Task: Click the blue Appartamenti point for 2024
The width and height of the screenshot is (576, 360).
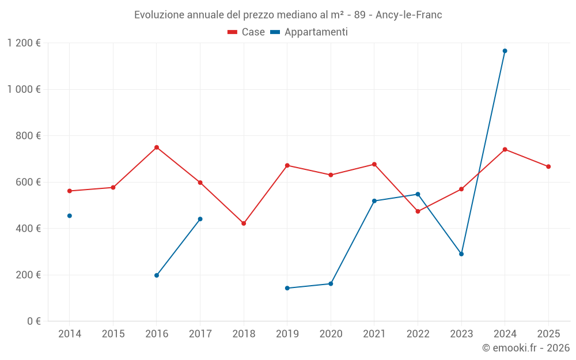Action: pos(505,51)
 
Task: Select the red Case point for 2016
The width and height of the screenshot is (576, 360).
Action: pos(157,147)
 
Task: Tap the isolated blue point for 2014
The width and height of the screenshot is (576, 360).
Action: pos(70,216)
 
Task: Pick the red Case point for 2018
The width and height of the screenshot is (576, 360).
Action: pos(244,223)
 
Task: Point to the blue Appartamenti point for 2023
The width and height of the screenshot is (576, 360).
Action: pos(461,254)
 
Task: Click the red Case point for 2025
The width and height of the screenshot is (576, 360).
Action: pos(548,166)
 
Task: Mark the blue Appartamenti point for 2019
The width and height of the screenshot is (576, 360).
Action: pos(287,288)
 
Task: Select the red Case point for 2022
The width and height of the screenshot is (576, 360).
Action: pos(418,211)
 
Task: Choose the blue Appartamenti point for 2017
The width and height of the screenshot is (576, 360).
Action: pos(200,219)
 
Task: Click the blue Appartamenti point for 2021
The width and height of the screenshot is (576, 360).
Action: pos(374,201)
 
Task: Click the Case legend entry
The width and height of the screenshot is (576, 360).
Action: pos(247,32)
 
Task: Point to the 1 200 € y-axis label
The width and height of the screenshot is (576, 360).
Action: pos(24,43)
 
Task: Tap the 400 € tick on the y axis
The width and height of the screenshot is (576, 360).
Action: pos(29,229)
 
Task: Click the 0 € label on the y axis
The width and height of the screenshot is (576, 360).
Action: pos(33,321)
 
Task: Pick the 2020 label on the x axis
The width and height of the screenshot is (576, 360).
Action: pos(331,334)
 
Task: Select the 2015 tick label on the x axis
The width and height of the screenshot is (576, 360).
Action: pos(113,334)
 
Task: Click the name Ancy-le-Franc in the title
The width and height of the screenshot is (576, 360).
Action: pos(408,15)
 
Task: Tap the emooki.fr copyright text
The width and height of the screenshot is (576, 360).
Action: pos(526,348)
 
